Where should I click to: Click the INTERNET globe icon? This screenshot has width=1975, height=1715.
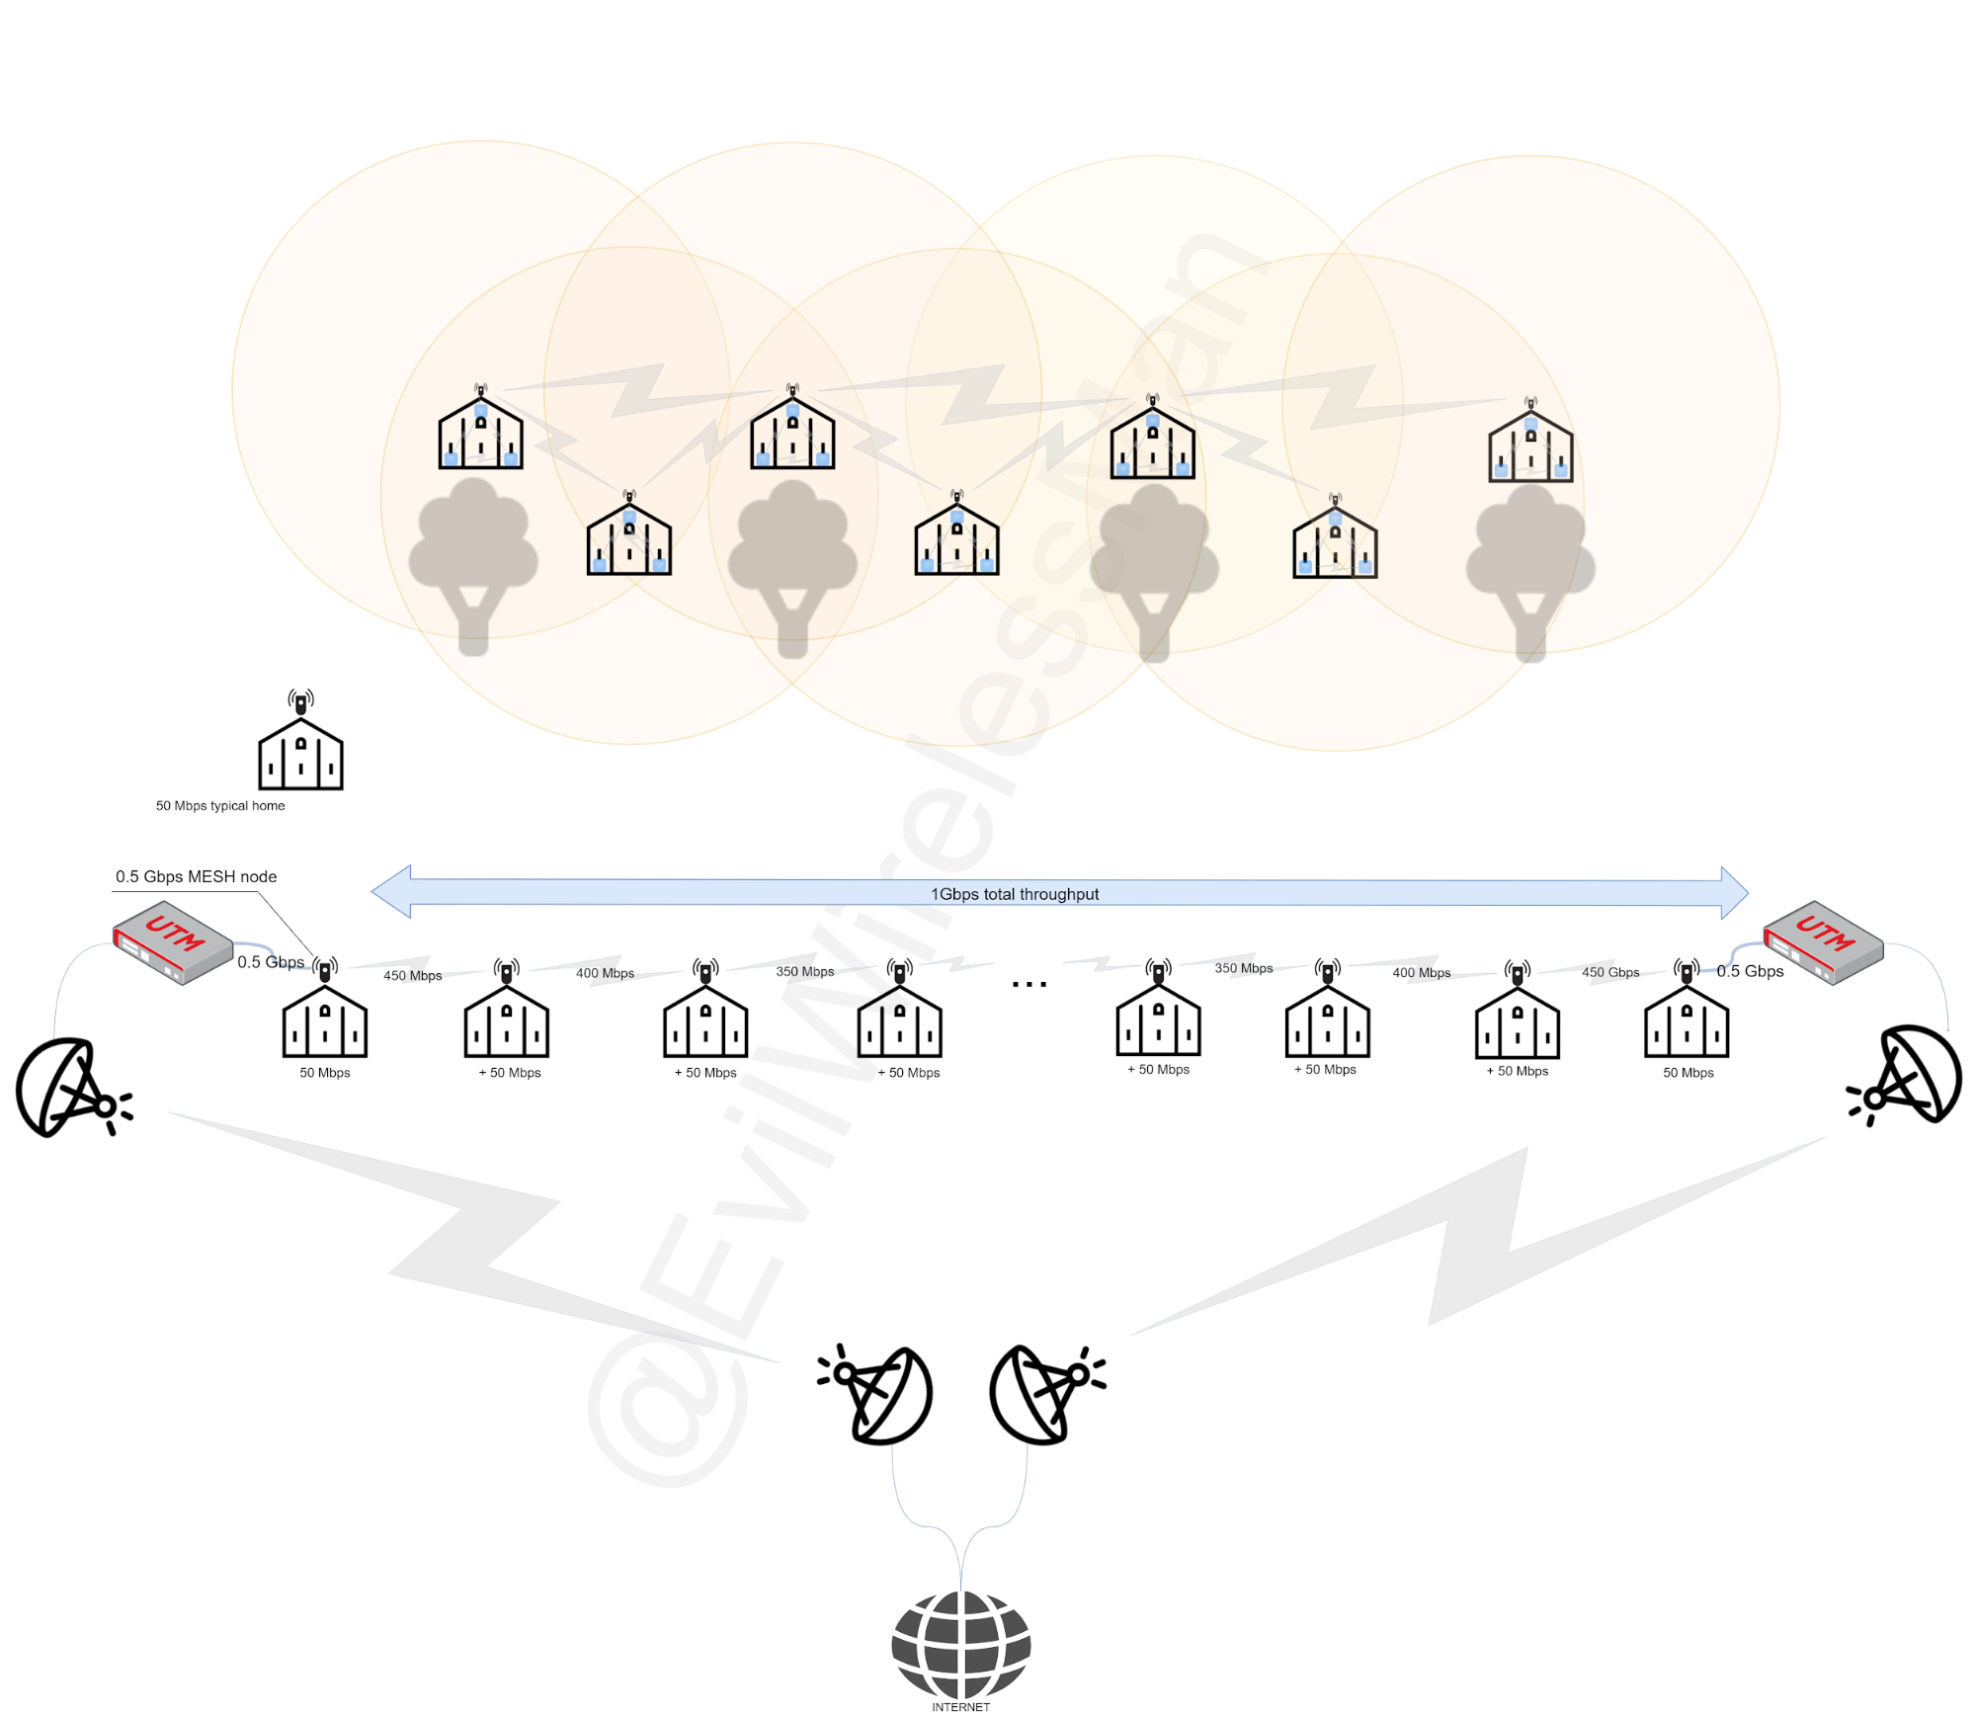(x=960, y=1645)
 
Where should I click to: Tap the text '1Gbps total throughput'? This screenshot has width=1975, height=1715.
(x=1014, y=894)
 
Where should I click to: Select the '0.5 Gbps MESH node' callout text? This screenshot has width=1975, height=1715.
(x=196, y=876)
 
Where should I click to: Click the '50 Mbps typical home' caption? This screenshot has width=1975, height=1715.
(x=220, y=805)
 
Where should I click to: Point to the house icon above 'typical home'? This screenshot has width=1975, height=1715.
(x=300, y=741)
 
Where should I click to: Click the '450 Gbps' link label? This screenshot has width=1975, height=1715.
(x=1610, y=972)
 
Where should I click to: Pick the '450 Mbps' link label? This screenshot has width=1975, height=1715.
(x=412, y=975)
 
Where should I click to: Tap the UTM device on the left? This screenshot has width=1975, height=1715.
(x=173, y=941)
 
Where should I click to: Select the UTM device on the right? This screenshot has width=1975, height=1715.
(x=1823, y=941)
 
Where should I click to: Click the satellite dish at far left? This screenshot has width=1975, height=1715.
(x=73, y=1087)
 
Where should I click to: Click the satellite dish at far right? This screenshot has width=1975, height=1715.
(x=1904, y=1076)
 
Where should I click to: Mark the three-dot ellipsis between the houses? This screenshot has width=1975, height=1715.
(x=1029, y=984)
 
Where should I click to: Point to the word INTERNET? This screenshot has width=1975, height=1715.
(x=960, y=1707)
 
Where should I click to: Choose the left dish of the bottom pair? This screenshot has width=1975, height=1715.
(x=875, y=1394)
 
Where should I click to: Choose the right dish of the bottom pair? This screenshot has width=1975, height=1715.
(x=1047, y=1394)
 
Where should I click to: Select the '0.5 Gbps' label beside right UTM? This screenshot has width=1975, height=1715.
(x=1750, y=971)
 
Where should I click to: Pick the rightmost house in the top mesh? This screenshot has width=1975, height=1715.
(x=1530, y=441)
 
